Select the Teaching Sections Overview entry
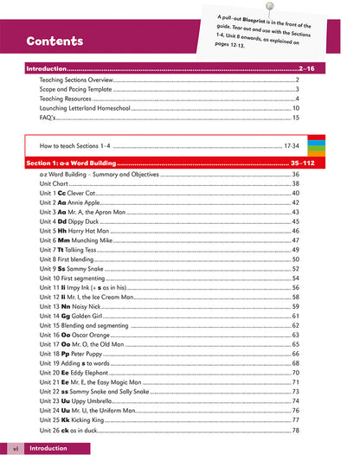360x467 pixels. tap(82, 79)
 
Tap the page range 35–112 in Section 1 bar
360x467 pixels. tap(319, 163)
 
